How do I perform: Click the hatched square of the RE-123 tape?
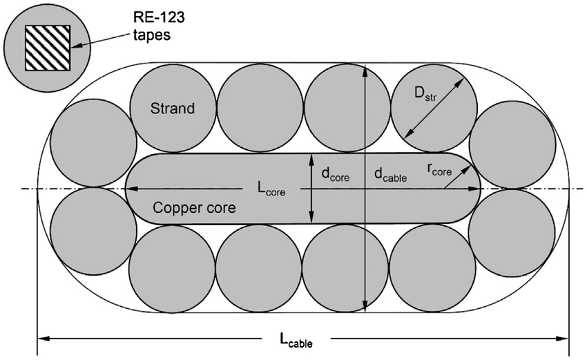point(48,48)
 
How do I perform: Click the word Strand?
point(173,108)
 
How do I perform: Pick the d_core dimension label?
point(336,176)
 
